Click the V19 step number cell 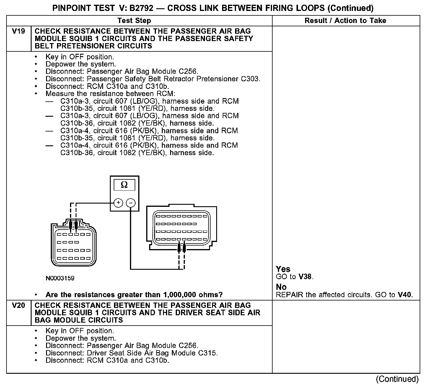(18, 31)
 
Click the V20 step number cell (18, 305)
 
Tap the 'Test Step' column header (134, 21)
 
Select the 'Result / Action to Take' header (345, 21)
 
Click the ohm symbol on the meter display (124, 185)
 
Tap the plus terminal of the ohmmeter (118, 203)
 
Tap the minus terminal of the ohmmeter (131, 203)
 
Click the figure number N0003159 (60, 278)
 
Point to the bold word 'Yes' (283, 269)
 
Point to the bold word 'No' (281, 287)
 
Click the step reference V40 (405, 295)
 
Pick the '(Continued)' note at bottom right (397, 379)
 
